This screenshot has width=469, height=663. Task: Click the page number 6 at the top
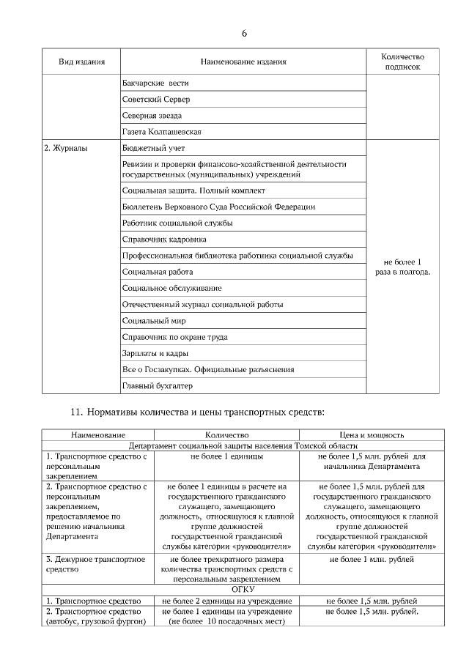pyautogui.click(x=244, y=34)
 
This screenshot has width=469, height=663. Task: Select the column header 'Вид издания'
pyautogui.click(x=81, y=62)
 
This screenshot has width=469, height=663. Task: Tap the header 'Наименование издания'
pyautogui.click(x=243, y=62)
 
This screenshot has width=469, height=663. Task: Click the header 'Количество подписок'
pyautogui.click(x=402, y=62)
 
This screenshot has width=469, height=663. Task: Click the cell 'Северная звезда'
pyautogui.click(x=152, y=116)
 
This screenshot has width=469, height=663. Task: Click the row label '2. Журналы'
pyautogui.click(x=66, y=148)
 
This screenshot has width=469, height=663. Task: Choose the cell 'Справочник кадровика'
pyautogui.click(x=164, y=239)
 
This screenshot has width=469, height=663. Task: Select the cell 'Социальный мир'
pyautogui.click(x=154, y=321)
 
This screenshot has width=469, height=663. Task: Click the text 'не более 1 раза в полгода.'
pyautogui.click(x=402, y=267)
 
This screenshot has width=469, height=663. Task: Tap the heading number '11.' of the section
pyautogui.click(x=78, y=412)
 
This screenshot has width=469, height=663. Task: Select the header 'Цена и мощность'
pyautogui.click(x=372, y=435)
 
